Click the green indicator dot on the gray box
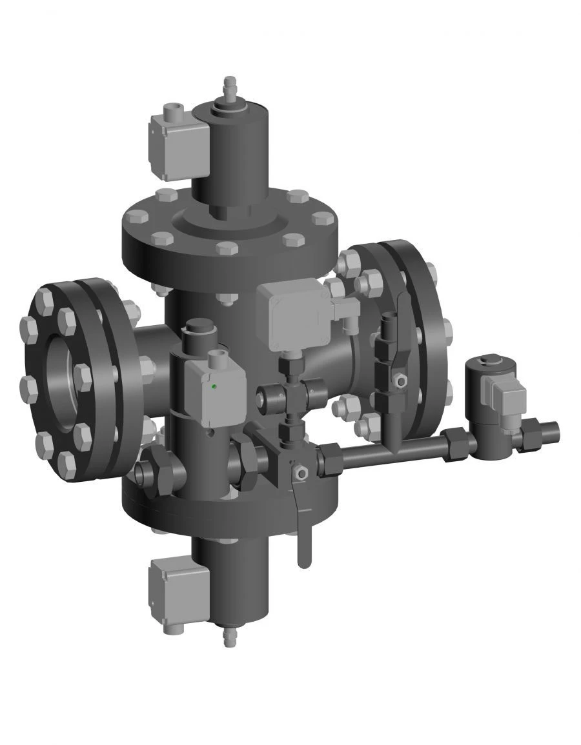214,387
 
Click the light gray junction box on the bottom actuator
178,587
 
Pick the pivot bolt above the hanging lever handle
299,473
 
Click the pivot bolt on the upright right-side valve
400,381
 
